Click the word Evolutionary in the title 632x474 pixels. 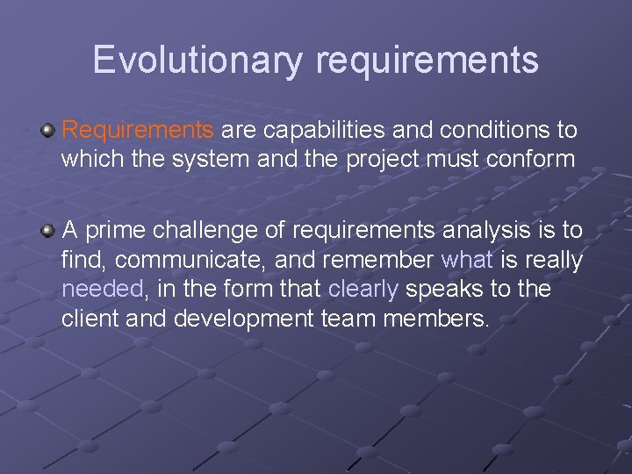point(198,60)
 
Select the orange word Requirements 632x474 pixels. point(138,131)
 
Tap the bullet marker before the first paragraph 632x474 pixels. point(48,131)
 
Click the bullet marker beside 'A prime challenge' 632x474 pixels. point(48,230)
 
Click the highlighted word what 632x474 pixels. point(467,260)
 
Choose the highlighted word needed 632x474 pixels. point(101,289)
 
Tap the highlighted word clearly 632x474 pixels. point(363,289)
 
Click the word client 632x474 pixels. point(90,318)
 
